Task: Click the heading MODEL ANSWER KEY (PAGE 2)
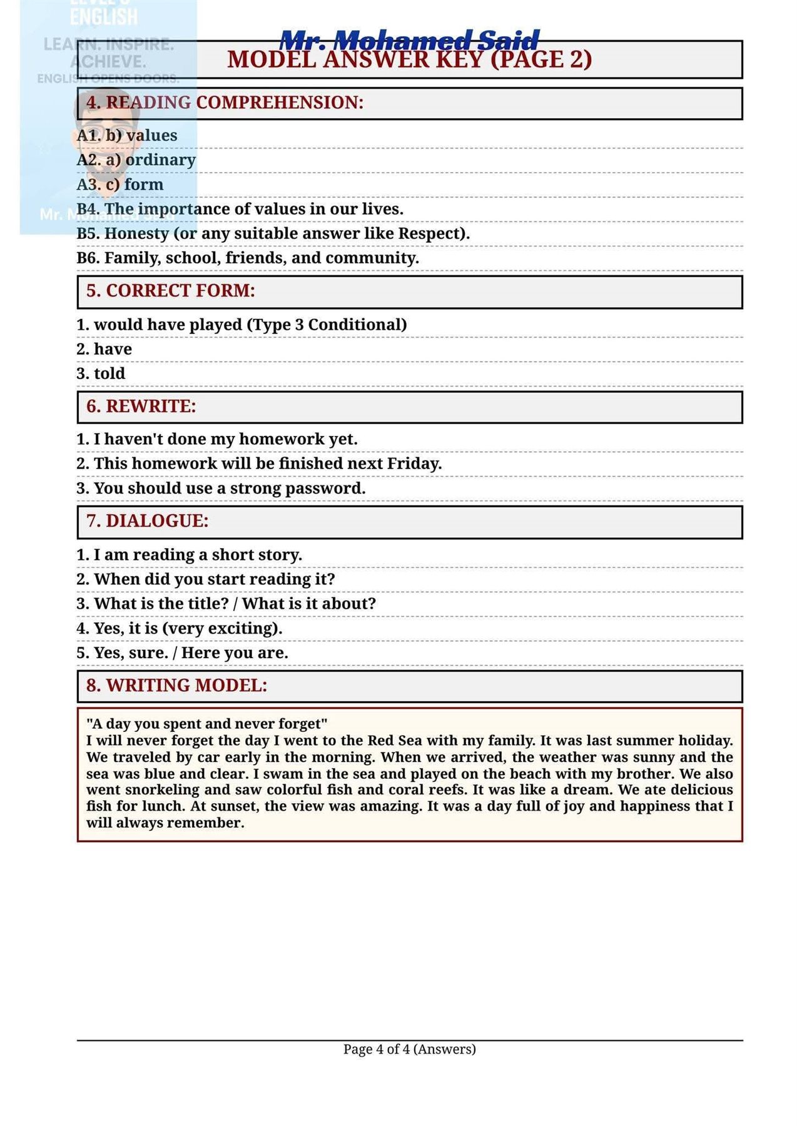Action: pos(409,59)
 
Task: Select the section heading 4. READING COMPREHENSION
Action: pos(225,103)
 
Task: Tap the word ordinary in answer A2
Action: pos(161,160)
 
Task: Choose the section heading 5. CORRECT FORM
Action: pos(170,291)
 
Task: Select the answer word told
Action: pos(109,373)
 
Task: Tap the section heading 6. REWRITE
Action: pos(141,407)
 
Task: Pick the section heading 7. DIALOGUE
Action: pos(147,521)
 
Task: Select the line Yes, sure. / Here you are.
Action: pos(182,653)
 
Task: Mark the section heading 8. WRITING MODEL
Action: pos(176,686)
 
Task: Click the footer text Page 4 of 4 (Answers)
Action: pos(409,1049)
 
